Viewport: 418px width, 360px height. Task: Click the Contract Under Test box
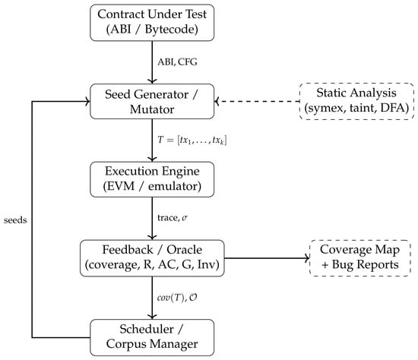(x=152, y=23)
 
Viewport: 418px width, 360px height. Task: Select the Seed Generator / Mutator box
(x=152, y=102)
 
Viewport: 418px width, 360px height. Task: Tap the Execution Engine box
(x=152, y=179)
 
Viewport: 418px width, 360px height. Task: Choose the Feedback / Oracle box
(x=152, y=258)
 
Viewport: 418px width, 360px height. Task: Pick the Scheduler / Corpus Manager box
(x=152, y=337)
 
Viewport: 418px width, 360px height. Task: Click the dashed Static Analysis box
(x=356, y=101)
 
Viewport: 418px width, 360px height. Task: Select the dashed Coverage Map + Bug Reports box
(x=359, y=258)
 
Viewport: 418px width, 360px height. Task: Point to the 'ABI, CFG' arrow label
(x=177, y=62)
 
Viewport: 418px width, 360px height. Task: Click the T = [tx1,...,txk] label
(x=192, y=141)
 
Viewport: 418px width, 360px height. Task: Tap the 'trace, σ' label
(x=173, y=218)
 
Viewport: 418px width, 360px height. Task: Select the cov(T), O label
(x=177, y=298)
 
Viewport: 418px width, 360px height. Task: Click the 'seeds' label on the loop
(x=15, y=220)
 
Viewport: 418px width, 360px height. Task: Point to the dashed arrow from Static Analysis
(x=257, y=102)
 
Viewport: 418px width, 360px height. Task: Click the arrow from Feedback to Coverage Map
(x=267, y=258)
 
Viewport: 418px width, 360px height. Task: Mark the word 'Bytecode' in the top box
(x=172, y=30)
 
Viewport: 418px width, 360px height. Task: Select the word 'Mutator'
(x=152, y=109)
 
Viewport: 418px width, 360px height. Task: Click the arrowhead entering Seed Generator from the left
(x=88, y=102)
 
